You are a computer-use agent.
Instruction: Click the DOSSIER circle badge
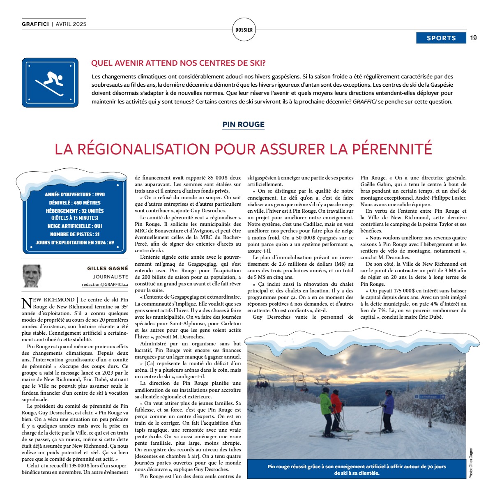(244, 30)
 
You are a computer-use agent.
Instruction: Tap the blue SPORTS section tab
(441, 38)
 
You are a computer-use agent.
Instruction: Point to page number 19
(474, 38)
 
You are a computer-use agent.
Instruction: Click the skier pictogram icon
(50, 82)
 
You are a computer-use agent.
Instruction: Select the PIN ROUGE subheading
(244, 124)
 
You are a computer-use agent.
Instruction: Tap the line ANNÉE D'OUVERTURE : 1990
(74, 194)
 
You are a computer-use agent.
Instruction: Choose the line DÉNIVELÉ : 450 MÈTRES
(74, 202)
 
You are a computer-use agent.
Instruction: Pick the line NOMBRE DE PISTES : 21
(74, 234)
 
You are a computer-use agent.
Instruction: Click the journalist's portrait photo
(32, 276)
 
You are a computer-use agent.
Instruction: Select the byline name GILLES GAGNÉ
(108, 268)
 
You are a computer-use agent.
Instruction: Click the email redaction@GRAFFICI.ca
(105, 284)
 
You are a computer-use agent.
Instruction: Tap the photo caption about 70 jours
(357, 469)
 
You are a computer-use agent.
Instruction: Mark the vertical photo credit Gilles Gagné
(471, 462)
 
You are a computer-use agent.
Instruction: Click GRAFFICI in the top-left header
(35, 24)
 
